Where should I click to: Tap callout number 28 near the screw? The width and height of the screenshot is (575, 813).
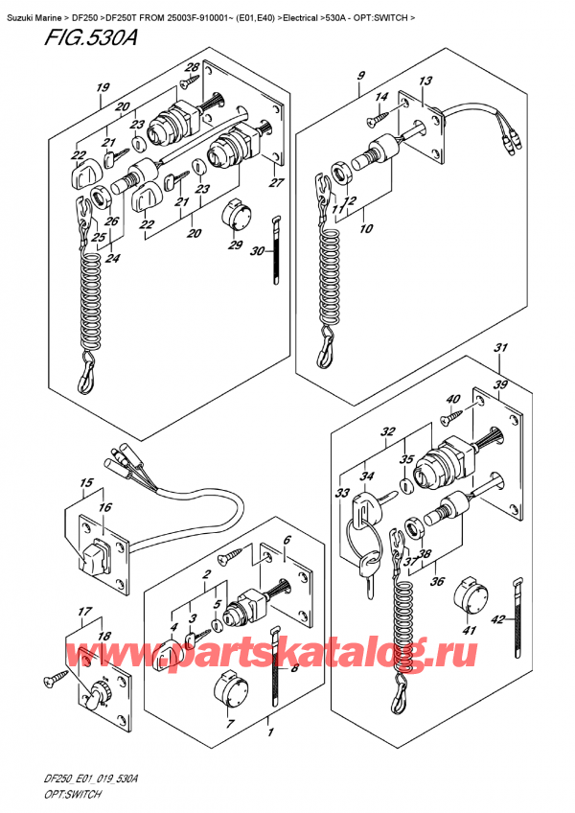[x=192, y=67]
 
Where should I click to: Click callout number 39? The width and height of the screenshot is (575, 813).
[x=499, y=384]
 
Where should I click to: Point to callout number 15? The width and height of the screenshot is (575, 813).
[x=85, y=482]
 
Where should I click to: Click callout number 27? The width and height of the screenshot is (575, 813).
[x=276, y=183]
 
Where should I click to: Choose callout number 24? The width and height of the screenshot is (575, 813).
[x=115, y=258]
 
